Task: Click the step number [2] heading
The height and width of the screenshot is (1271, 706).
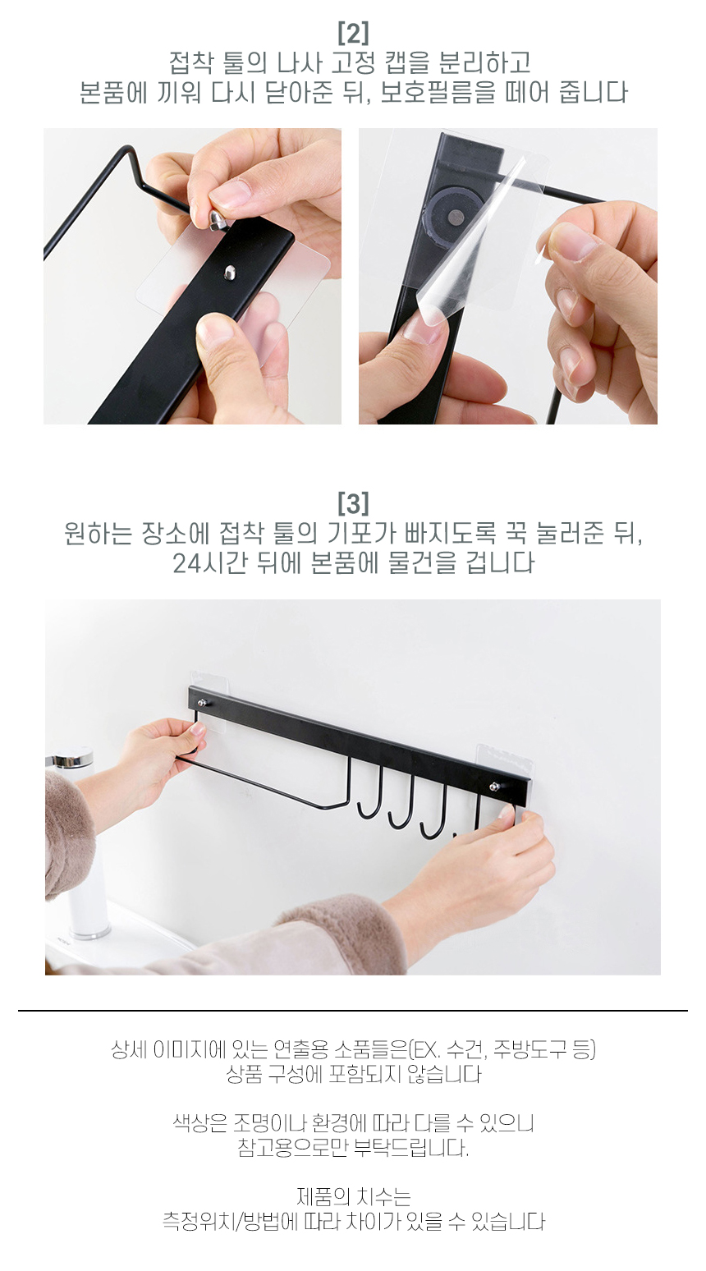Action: coord(353,33)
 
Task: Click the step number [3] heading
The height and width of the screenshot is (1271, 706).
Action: coord(353,502)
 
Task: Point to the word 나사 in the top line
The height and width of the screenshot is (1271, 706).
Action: coord(299,63)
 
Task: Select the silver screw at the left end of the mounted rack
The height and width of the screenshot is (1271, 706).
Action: coord(203,703)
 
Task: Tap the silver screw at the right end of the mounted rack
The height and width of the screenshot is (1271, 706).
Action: coord(496,787)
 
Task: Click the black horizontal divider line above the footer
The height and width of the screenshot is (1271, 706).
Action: coord(353,1011)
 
